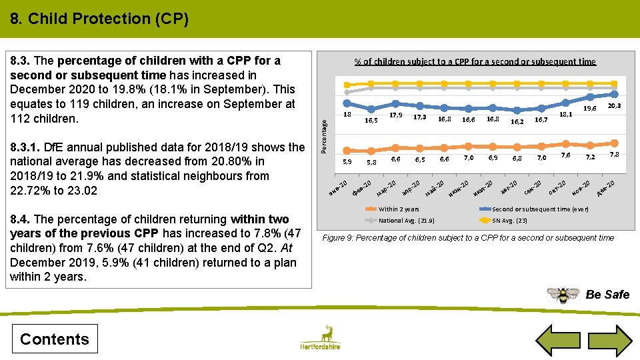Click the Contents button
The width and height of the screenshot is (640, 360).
54,339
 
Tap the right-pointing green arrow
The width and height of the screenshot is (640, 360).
611,338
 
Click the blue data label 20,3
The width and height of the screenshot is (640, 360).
614,106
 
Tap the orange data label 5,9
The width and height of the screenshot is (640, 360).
347,161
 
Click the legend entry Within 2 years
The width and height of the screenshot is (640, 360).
399,209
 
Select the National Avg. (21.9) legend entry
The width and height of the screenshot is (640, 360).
407,221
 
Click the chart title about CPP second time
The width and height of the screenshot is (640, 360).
475,61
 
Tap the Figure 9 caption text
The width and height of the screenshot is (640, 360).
468,238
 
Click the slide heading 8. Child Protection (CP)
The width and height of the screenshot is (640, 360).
99,19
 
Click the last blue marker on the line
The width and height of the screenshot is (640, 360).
615,95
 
